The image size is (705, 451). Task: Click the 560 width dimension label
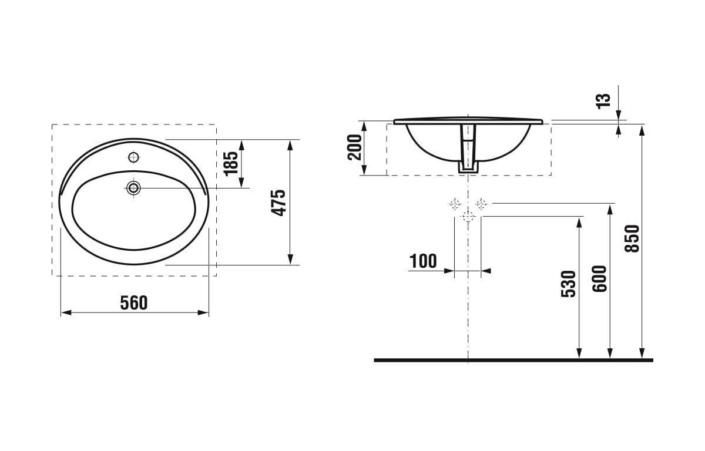(134, 302)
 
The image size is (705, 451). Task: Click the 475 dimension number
(278, 203)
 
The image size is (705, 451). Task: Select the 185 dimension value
(231, 163)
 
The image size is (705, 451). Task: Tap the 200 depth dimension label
(354, 147)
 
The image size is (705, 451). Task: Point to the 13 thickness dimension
(603, 100)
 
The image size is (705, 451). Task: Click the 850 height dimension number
(632, 238)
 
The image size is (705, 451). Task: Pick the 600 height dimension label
(599, 278)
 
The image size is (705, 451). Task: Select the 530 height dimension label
(568, 284)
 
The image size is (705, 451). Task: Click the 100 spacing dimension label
(423, 261)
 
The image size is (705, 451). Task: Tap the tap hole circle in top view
(134, 157)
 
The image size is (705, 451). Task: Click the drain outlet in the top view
(134, 188)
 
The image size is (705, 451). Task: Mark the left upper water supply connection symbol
(454, 204)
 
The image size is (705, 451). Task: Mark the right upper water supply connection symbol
(481, 204)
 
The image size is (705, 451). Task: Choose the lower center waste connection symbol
(468, 217)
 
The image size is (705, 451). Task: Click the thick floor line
(513, 359)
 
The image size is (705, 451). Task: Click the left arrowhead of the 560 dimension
(65, 312)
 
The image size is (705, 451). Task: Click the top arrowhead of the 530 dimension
(579, 221)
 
